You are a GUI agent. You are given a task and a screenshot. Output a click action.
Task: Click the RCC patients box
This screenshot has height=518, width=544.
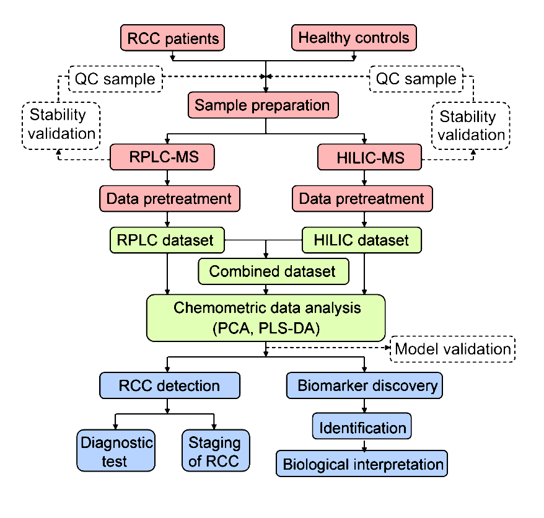point(172,38)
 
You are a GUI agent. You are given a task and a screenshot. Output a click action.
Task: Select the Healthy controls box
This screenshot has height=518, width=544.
point(354,38)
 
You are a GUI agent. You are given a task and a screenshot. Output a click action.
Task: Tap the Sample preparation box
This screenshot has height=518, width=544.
point(263,105)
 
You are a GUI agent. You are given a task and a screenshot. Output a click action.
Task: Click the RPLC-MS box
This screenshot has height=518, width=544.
point(162,157)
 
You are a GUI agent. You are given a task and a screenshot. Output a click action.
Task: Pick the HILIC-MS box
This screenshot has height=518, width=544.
point(369,157)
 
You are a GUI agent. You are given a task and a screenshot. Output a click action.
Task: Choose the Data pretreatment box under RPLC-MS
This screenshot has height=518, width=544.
point(170,199)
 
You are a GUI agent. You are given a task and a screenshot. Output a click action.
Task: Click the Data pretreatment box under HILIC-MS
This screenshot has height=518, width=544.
point(362,199)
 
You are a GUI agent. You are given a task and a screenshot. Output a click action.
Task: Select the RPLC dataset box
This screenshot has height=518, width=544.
point(167,240)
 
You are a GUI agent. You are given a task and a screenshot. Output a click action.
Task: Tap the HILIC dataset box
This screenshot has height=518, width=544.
point(362,240)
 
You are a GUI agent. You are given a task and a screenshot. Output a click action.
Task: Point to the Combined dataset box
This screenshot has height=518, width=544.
point(273,271)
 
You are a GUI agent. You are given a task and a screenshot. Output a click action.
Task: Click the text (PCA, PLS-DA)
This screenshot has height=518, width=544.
point(266,328)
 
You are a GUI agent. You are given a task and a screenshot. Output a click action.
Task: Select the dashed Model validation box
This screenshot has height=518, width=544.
point(452,349)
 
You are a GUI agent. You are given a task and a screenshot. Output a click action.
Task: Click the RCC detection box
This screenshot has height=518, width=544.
point(170,385)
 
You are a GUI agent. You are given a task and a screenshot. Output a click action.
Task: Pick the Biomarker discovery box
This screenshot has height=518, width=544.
point(364,385)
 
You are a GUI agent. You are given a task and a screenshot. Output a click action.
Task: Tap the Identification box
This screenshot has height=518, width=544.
point(362,426)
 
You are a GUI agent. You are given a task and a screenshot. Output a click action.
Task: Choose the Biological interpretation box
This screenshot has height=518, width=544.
point(362,463)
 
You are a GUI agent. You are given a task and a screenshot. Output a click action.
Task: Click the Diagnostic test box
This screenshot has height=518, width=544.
point(116,450)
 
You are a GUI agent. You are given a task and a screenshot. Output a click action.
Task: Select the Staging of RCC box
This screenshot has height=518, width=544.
point(216,450)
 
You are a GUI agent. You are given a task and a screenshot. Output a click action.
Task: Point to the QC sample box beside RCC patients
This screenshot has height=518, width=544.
point(115,79)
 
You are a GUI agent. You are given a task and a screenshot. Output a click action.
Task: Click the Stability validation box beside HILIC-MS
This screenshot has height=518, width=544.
point(470,126)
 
